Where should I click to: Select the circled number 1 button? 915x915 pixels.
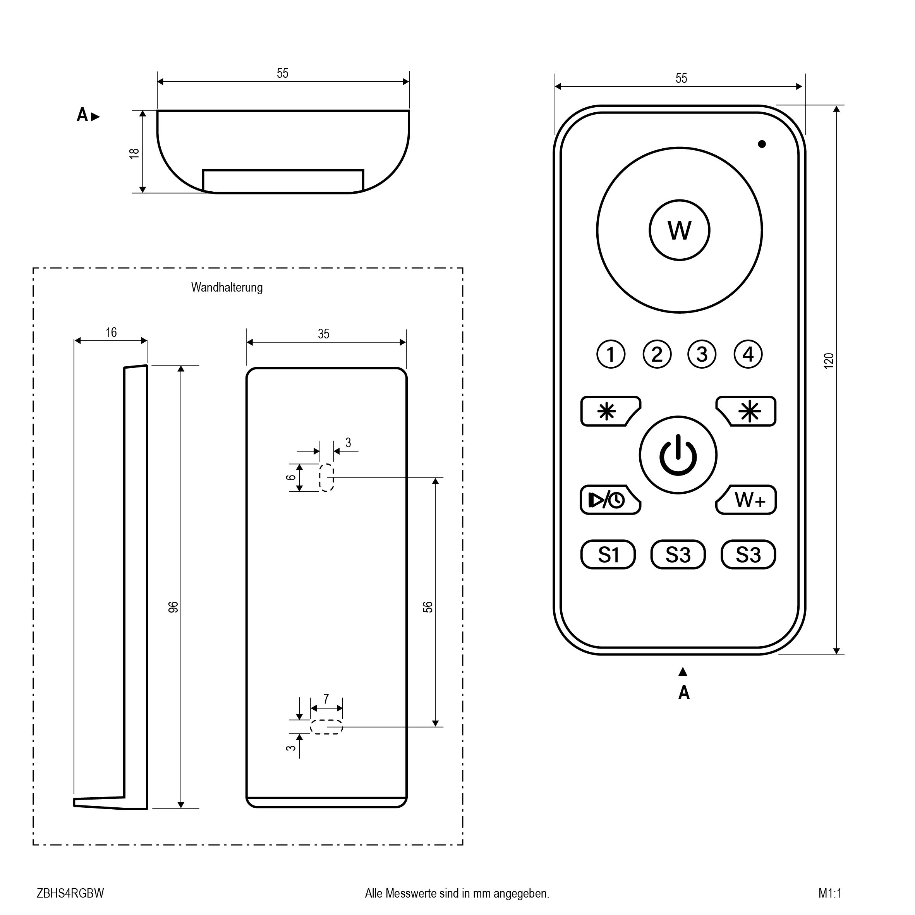click(611, 354)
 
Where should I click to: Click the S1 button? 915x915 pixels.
click(608, 554)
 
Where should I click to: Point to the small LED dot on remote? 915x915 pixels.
click(762, 144)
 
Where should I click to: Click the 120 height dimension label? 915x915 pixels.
click(828, 361)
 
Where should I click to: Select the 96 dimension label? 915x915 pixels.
click(174, 607)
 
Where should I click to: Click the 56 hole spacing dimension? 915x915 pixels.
click(427, 607)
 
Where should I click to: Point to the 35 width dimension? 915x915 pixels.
click(323, 334)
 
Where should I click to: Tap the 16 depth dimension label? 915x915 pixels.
click(111, 333)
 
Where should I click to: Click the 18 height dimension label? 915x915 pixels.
click(134, 153)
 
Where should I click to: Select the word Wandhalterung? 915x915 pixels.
click(227, 287)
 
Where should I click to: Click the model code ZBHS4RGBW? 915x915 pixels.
click(70, 893)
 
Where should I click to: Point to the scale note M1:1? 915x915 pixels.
click(830, 893)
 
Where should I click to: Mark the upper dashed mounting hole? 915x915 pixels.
click(326, 478)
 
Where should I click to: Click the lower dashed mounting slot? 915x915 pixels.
click(326, 727)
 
